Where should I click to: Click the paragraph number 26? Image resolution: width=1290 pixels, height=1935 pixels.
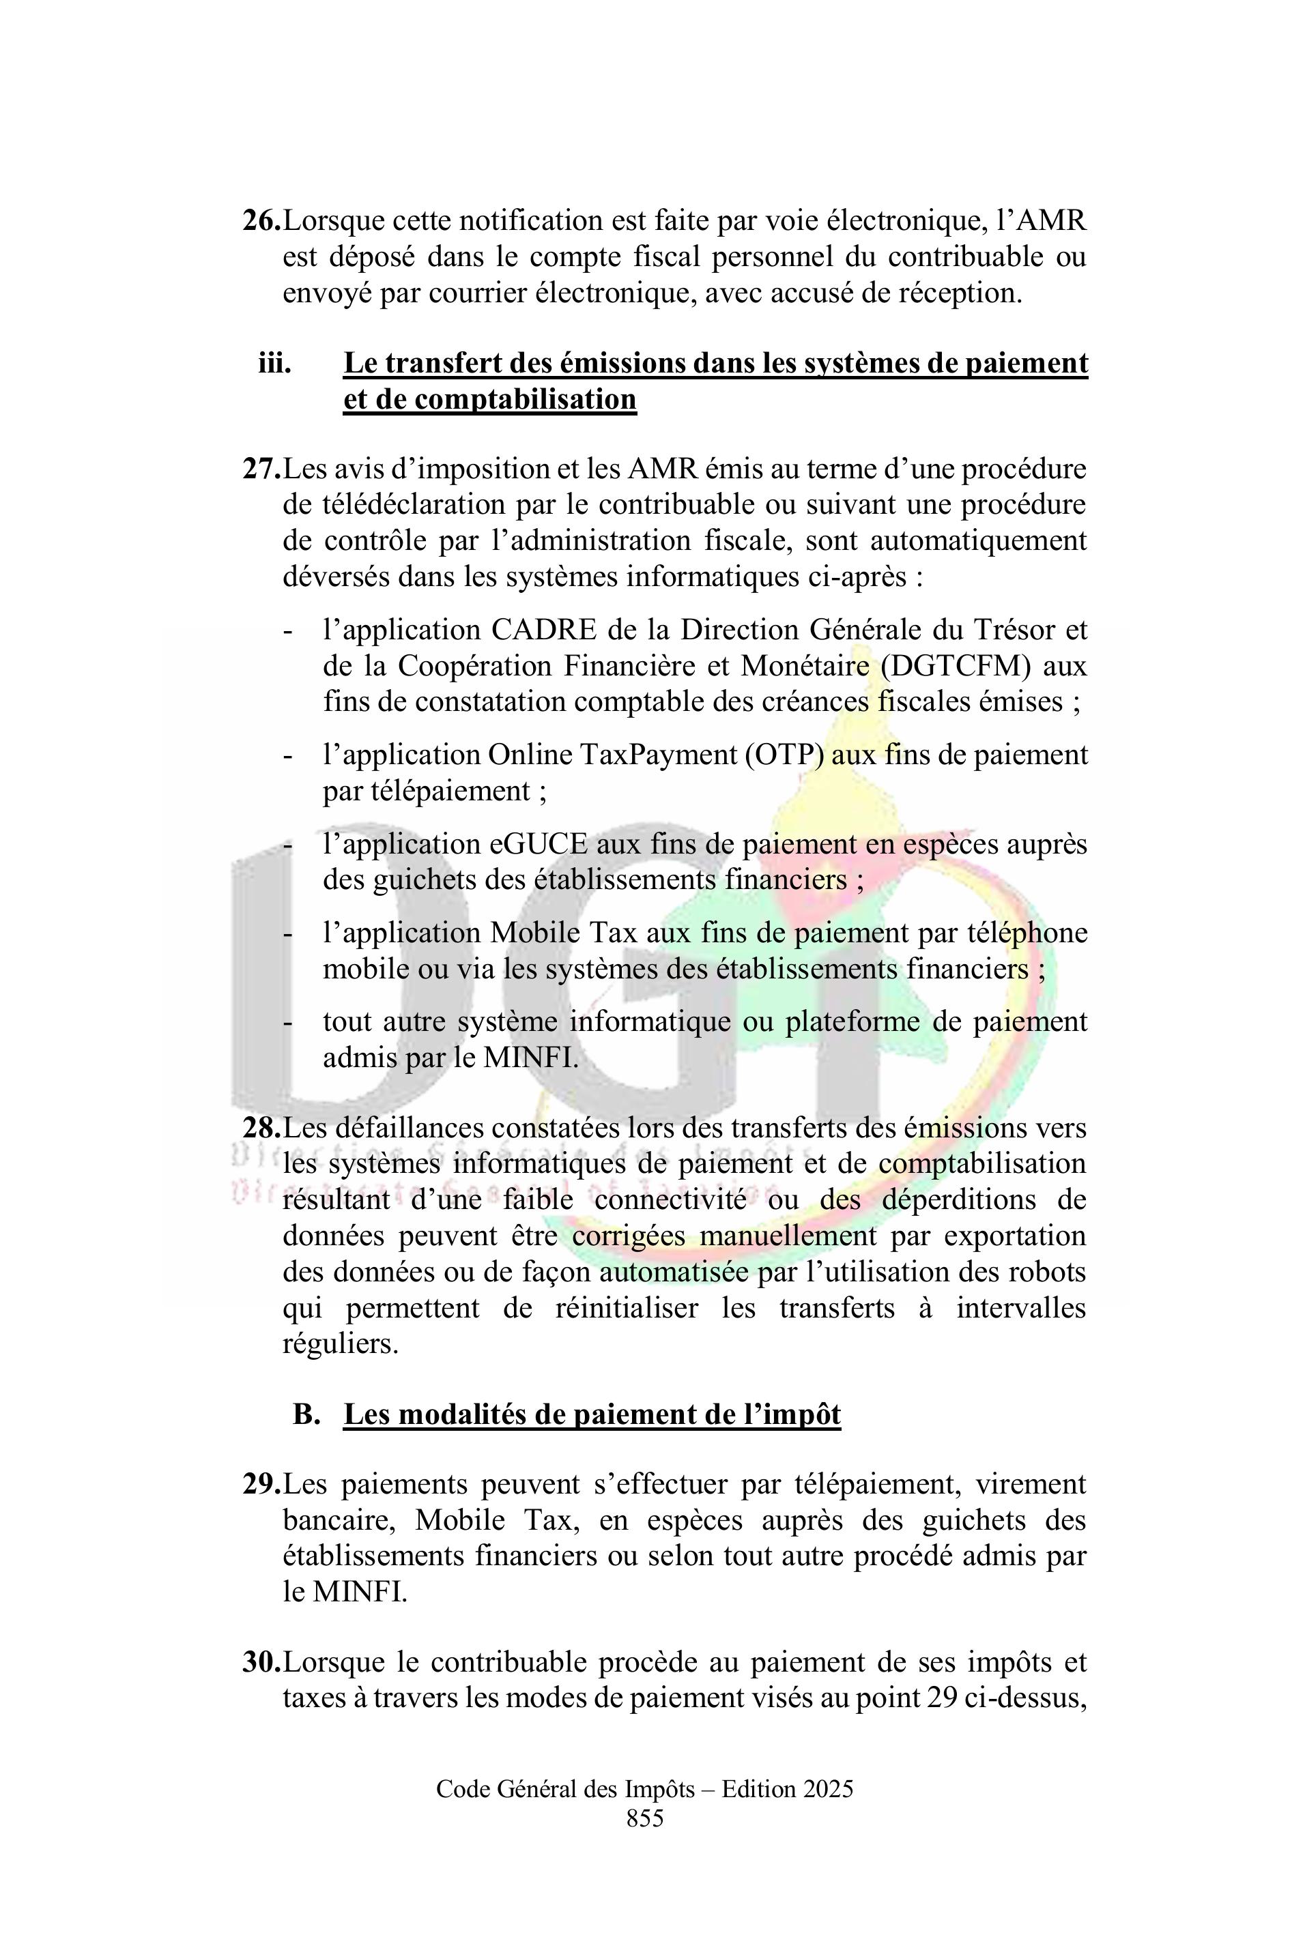261,221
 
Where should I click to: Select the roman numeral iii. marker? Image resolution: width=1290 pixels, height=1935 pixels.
275,363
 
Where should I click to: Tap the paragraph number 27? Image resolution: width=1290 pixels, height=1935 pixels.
261,469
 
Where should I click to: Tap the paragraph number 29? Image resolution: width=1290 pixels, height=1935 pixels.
261,1485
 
